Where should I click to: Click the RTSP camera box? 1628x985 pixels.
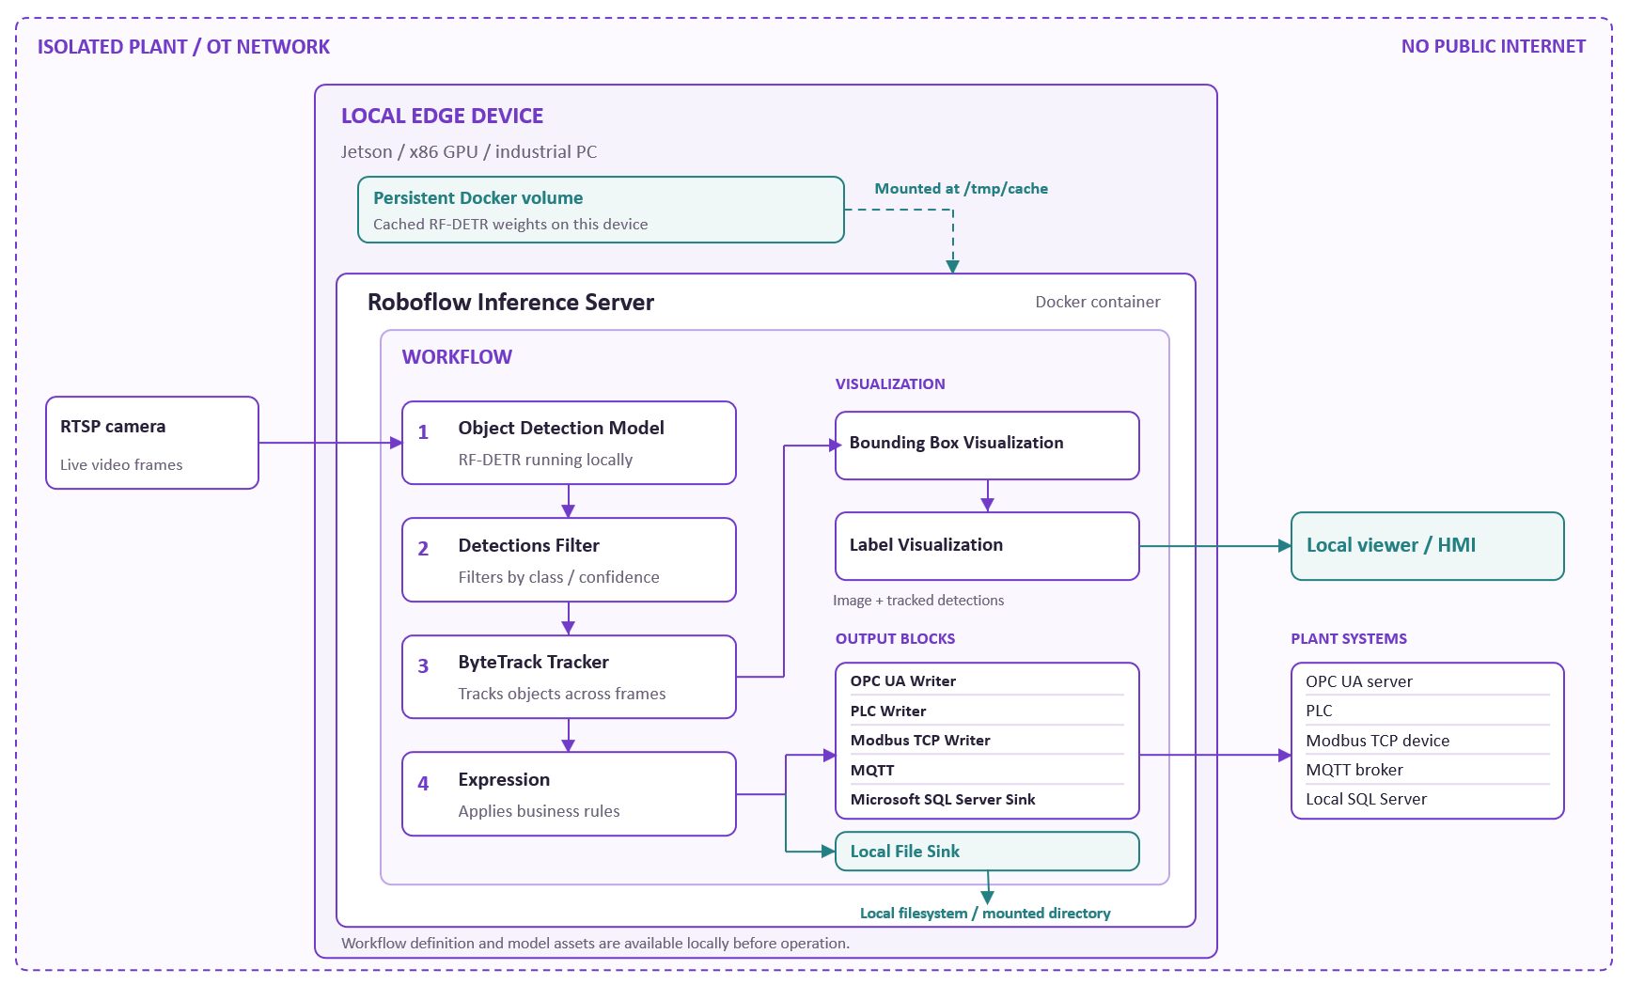[152, 443]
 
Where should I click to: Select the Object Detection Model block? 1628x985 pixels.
[569, 443]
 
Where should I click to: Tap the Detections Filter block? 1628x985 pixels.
[569, 560]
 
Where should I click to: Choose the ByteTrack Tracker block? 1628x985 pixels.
[569, 677]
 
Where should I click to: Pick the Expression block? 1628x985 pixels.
[569, 793]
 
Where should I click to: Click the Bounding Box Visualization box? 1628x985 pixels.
[987, 446]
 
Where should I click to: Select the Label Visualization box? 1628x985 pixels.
[987, 546]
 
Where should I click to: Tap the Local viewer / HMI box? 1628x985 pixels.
[1428, 546]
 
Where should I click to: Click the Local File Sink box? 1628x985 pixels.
[987, 852]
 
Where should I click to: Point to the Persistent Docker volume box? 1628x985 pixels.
[601, 210]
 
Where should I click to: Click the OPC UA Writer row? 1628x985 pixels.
[903, 680]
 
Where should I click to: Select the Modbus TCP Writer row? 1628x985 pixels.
[920, 740]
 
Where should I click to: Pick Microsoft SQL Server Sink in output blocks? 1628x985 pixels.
[943, 799]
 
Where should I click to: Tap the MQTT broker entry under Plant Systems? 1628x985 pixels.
[1354, 770]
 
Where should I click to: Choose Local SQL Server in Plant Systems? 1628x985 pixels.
[1366, 799]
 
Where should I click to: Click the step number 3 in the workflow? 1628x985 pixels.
[423, 666]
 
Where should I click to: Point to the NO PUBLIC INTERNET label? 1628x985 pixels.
[1494, 46]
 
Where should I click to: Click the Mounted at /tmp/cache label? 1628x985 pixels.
[962, 189]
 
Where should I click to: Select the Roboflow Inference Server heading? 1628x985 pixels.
[510, 302]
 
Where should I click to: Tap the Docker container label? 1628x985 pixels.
[1098, 302]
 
